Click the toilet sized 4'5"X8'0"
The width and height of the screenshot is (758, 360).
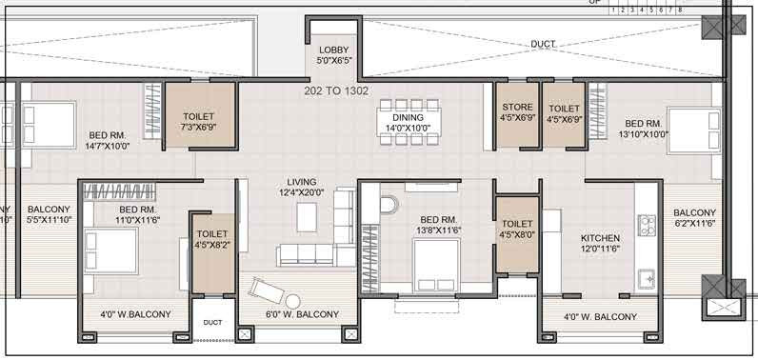tap(516, 229)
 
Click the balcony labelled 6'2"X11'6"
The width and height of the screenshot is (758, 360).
tap(694, 217)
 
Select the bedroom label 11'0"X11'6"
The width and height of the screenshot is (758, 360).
tap(137, 214)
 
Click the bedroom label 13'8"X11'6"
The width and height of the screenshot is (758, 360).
tap(440, 224)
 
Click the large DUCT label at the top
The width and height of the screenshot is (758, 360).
tap(543, 45)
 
